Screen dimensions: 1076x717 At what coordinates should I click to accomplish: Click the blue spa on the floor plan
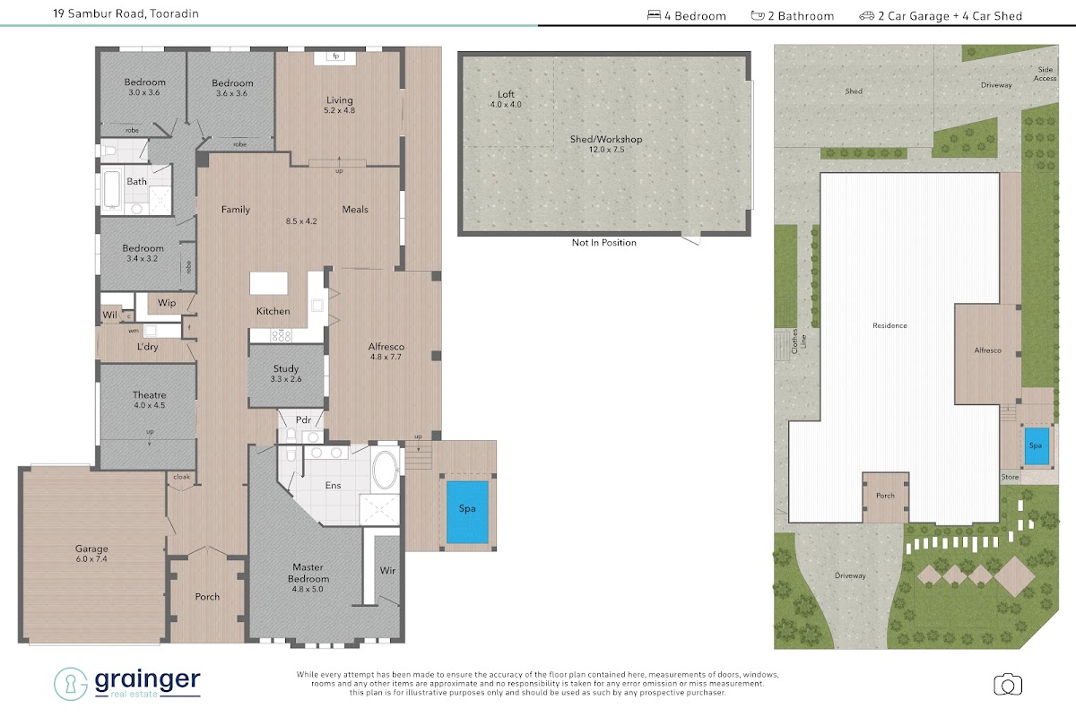click(x=467, y=513)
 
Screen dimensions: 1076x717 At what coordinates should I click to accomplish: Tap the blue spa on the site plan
click(x=1037, y=446)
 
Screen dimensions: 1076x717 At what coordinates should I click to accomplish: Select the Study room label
click(x=286, y=374)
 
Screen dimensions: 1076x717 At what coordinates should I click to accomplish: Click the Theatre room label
click(x=150, y=400)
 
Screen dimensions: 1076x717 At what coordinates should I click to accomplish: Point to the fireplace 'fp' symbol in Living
click(x=335, y=56)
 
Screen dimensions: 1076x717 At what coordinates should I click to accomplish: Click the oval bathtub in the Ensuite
click(x=386, y=470)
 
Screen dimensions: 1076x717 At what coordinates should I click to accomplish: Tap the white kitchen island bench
click(x=268, y=283)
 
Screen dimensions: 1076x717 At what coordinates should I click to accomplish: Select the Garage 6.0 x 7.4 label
click(x=91, y=553)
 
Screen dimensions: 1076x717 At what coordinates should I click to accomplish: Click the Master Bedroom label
click(x=308, y=578)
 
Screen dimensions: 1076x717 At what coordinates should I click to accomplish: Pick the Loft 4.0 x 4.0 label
click(x=506, y=99)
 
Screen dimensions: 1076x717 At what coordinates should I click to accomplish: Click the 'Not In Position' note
click(x=603, y=243)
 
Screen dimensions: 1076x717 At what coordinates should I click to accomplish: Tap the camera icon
click(x=1008, y=685)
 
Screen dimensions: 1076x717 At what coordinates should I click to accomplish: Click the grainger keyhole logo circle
click(x=70, y=684)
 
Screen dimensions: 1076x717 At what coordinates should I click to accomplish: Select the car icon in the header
click(x=866, y=16)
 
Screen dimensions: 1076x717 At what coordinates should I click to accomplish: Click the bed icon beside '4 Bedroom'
click(x=654, y=15)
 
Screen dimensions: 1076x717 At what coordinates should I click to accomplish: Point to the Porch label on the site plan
click(x=885, y=496)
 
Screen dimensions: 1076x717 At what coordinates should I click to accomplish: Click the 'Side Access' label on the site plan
click(x=1045, y=73)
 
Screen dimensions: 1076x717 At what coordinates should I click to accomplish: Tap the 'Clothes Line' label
click(x=798, y=341)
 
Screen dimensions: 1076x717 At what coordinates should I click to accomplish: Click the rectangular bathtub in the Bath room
click(x=112, y=190)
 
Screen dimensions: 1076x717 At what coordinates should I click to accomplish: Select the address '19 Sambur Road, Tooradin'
click(x=126, y=13)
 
